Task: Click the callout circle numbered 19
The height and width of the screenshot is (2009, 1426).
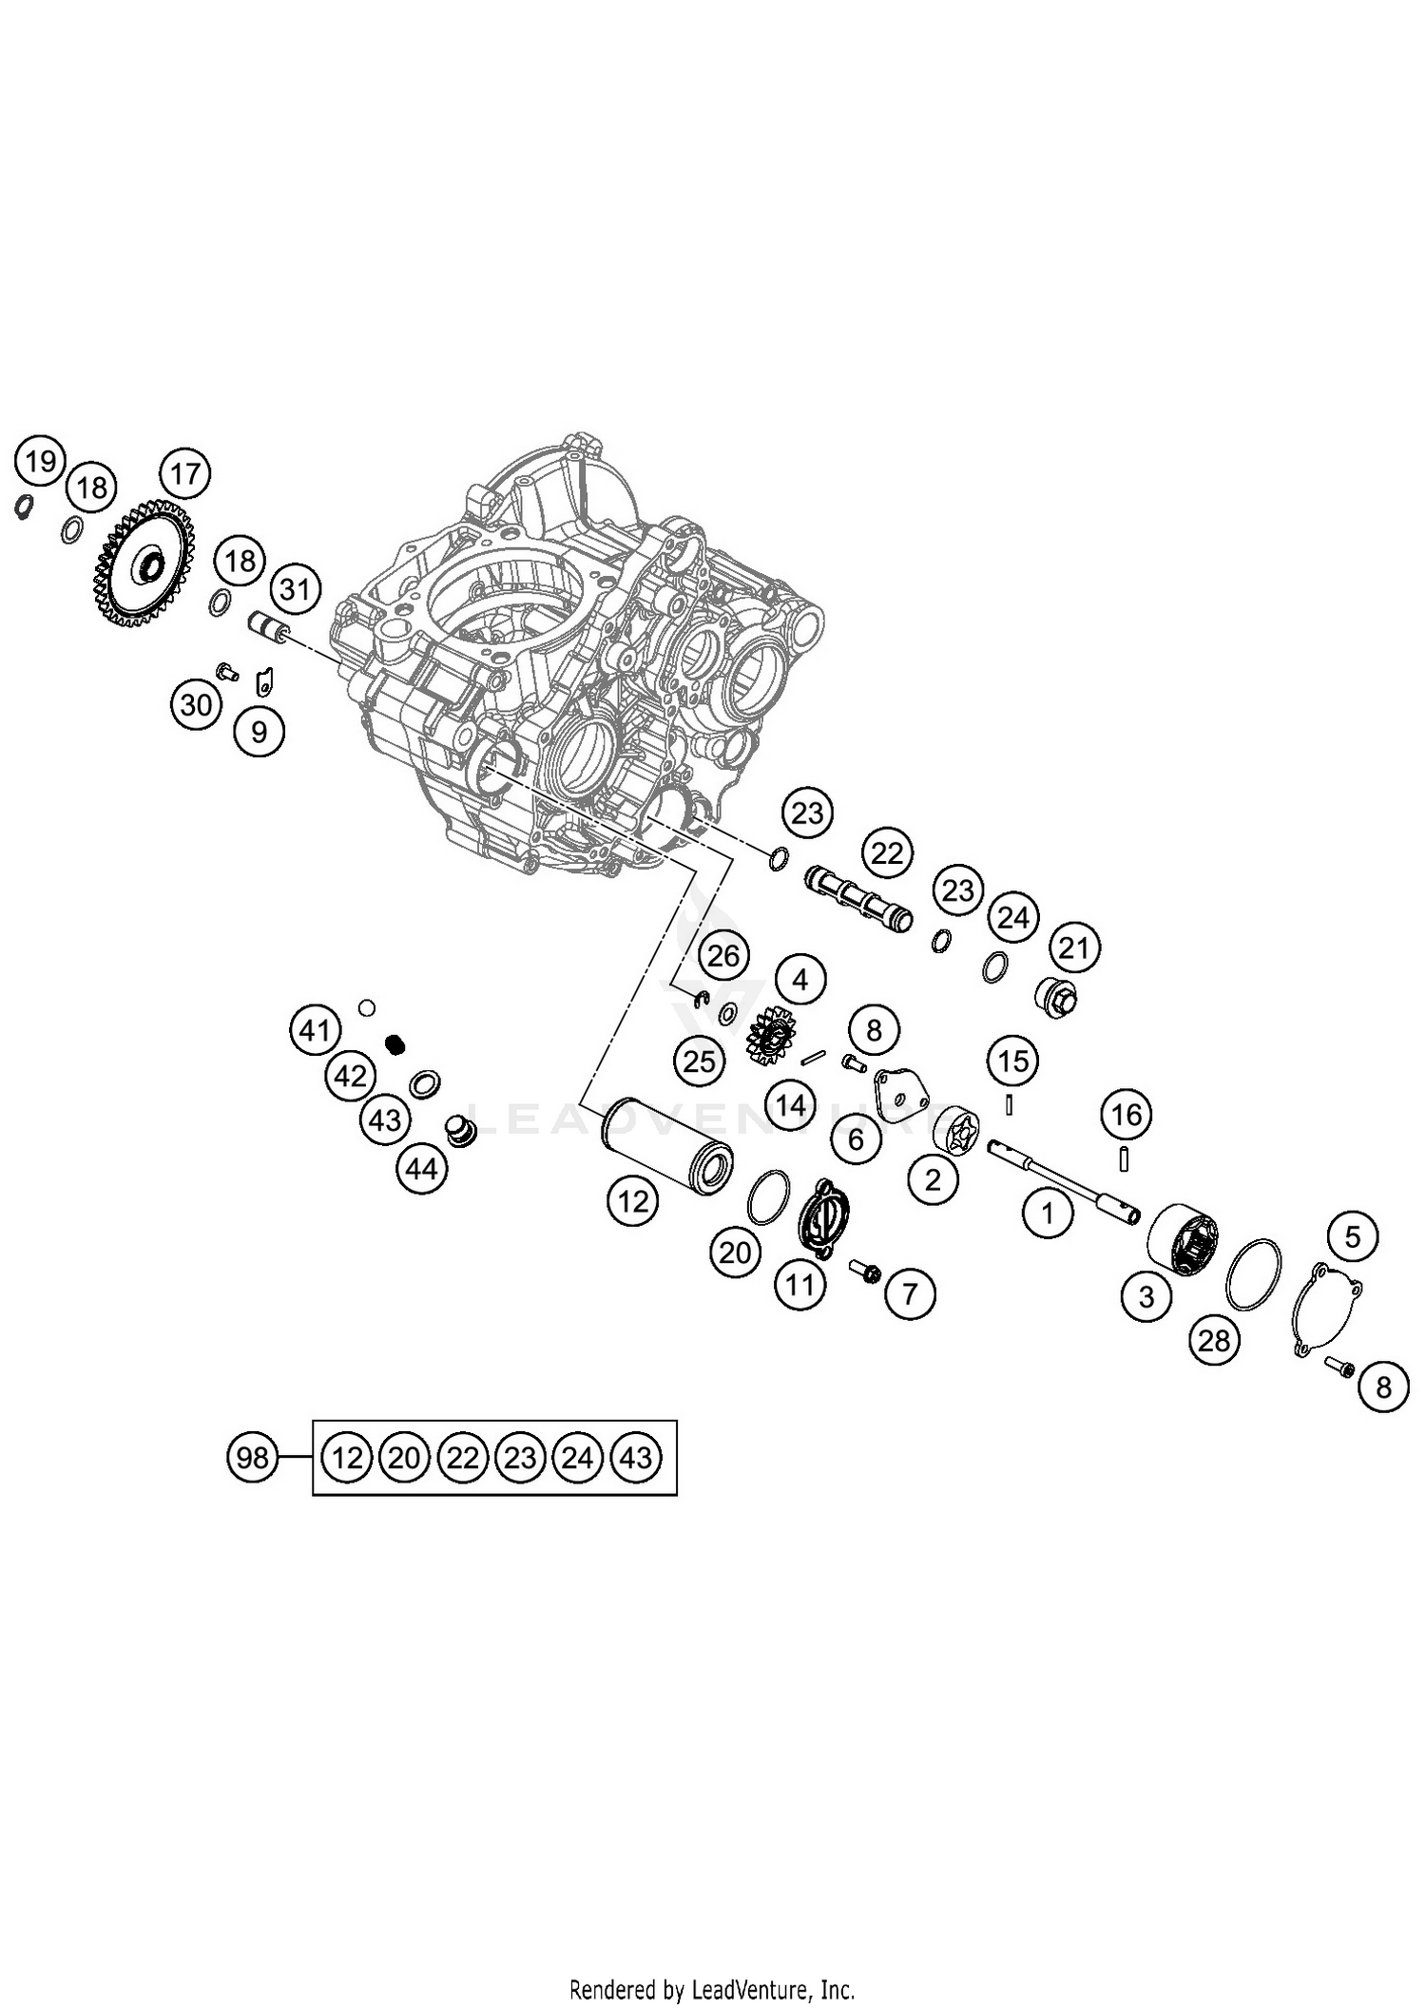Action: pos(40,462)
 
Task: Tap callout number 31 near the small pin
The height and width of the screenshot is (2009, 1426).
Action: pos(295,590)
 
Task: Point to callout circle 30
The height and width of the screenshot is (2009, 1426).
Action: pos(196,705)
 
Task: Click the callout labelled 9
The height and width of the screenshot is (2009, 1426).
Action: pos(259,732)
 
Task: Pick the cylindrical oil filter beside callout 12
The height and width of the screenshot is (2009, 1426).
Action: pos(669,1146)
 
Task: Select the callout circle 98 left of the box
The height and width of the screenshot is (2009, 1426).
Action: pos(252,1457)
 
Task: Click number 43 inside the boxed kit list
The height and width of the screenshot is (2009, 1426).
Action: pos(636,1457)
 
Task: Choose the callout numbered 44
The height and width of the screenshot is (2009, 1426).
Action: pos(421,1168)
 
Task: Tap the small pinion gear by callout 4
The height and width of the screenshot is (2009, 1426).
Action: pos(771,1035)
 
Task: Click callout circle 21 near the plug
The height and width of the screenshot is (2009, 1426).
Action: pos(1073,947)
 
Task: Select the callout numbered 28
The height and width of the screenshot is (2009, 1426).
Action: pos(1214,1341)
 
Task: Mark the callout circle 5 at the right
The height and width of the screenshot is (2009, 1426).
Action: pos(1353,1236)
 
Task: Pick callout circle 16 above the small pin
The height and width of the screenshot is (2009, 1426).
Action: pos(1127,1114)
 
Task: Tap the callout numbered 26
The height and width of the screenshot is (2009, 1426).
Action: pos(723,955)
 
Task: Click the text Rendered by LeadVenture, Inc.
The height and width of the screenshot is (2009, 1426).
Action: pos(712,1988)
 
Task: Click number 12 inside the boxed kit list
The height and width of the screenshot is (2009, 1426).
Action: pos(347,1457)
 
